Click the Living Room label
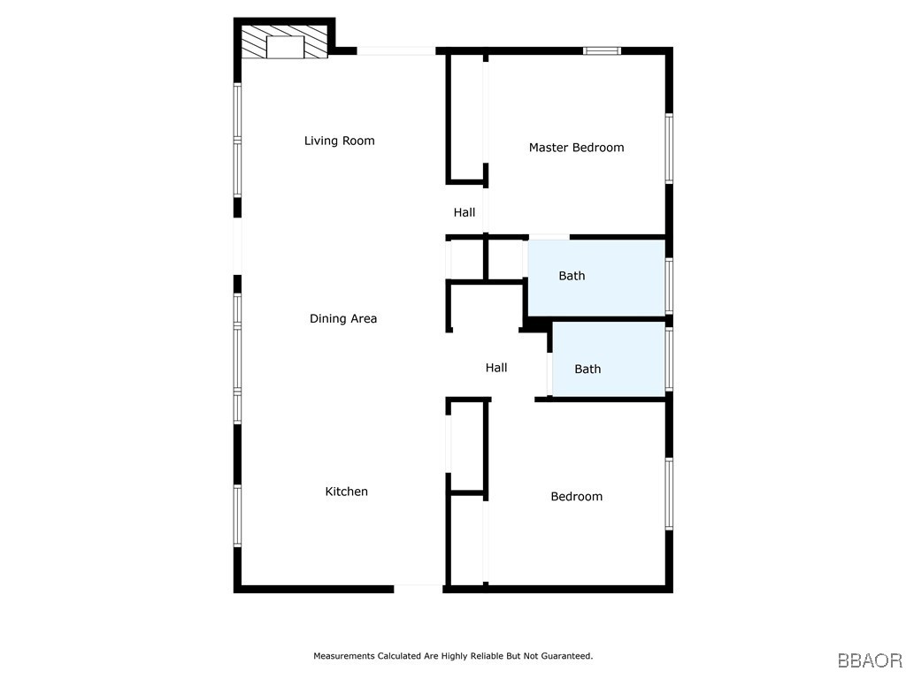(339, 141)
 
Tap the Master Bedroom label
(576, 148)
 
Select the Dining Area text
(343, 318)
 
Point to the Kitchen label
(346, 492)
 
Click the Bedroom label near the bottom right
(576, 497)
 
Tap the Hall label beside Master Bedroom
(464, 212)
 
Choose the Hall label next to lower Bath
(495, 368)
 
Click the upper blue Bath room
(596, 278)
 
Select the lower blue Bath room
(609, 359)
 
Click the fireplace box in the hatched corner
(285, 48)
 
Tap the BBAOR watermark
(870, 660)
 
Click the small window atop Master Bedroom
(602, 50)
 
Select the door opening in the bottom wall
(418, 589)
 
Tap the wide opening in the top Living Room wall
(395, 50)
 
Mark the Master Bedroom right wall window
(669, 149)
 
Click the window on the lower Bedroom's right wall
(669, 493)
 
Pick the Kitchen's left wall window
(237, 515)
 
